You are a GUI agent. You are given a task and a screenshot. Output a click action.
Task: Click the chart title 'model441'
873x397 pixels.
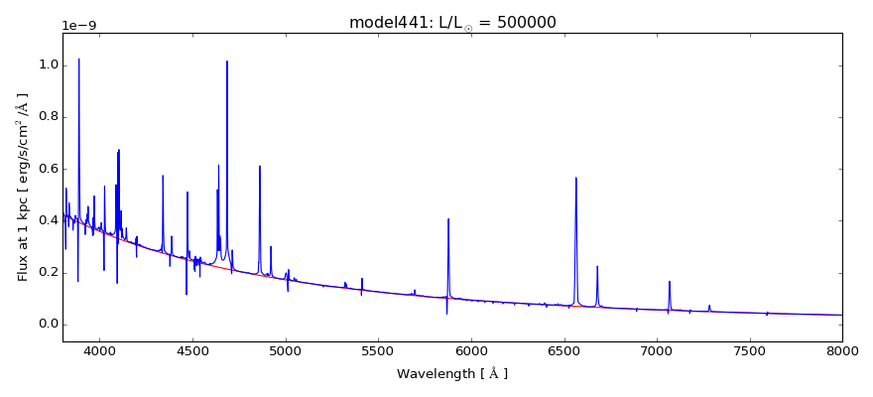382,22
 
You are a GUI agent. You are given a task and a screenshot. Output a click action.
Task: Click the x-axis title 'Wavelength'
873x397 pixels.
451,374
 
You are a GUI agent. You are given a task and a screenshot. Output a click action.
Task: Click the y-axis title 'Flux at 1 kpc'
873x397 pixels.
23,187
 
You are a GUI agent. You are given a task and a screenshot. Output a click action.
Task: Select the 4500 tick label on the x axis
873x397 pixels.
192,351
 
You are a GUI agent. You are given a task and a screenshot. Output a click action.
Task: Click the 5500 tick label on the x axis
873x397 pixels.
378,351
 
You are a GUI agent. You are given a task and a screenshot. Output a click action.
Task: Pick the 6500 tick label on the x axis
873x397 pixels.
563,351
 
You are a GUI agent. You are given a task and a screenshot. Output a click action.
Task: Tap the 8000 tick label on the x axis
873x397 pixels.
842,351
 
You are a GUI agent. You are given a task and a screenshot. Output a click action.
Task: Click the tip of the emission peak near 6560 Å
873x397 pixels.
575,178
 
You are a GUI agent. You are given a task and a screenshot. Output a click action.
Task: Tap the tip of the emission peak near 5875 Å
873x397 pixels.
448,218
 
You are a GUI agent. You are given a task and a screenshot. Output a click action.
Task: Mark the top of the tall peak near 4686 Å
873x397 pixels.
227,62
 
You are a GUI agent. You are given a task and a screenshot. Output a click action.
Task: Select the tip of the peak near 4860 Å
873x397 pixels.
260,166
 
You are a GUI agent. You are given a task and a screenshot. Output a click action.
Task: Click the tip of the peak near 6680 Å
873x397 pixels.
597,266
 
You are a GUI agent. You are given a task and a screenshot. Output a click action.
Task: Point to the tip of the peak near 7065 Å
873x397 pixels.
670,281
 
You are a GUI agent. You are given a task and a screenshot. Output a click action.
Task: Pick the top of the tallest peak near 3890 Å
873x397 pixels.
79,59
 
